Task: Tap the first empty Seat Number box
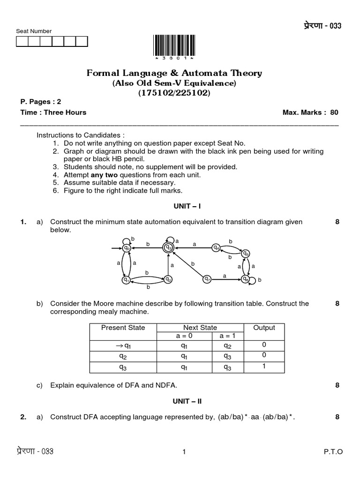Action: [22, 42]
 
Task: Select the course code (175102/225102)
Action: [174, 93]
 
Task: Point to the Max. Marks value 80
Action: [334, 112]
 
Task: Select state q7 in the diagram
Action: [207, 279]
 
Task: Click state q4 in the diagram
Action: [216, 247]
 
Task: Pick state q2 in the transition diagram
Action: [168, 279]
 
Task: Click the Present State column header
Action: [123, 328]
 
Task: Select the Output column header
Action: [264, 328]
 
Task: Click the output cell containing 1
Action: [264, 367]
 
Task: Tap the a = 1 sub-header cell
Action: [227, 336]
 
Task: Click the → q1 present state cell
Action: [123, 345]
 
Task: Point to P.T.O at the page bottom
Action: [333, 452]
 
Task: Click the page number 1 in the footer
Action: [184, 452]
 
